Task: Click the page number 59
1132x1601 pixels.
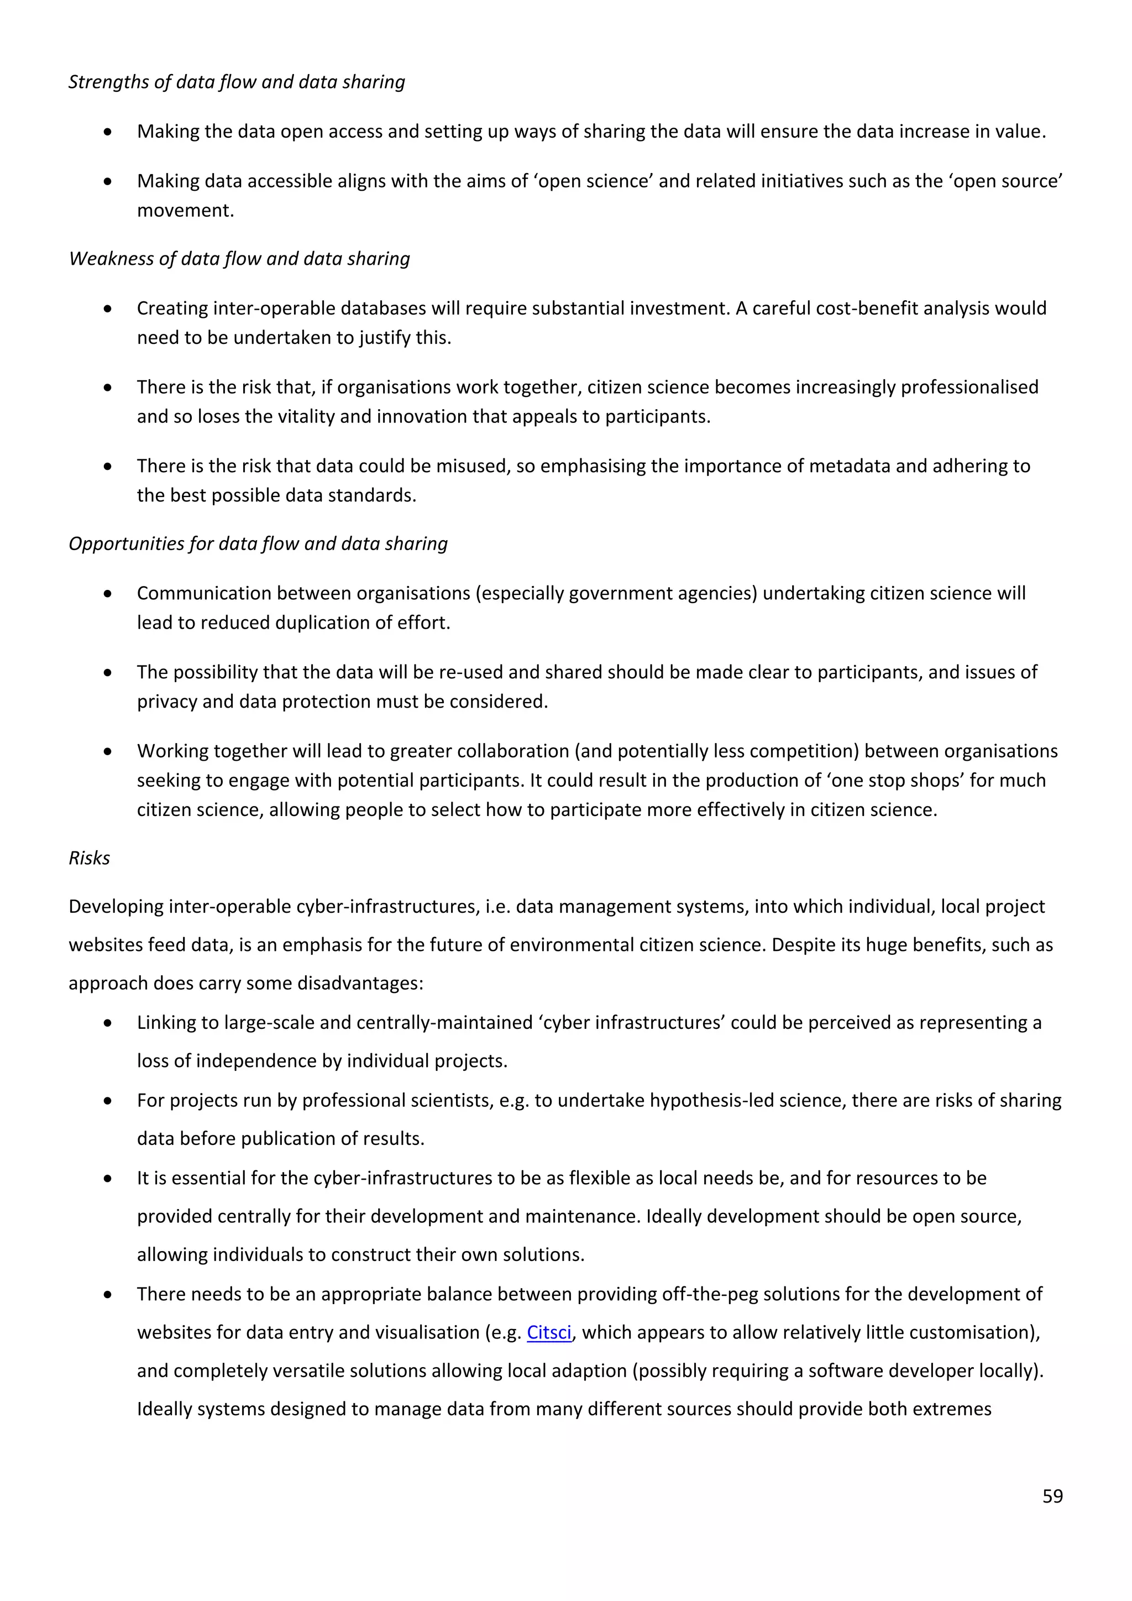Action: pos(1052,1497)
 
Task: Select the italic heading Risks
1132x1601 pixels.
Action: pos(89,859)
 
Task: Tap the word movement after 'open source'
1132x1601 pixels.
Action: pos(185,211)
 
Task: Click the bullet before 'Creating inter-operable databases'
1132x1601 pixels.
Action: pos(107,308)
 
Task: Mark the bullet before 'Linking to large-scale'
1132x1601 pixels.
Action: pos(107,1023)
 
